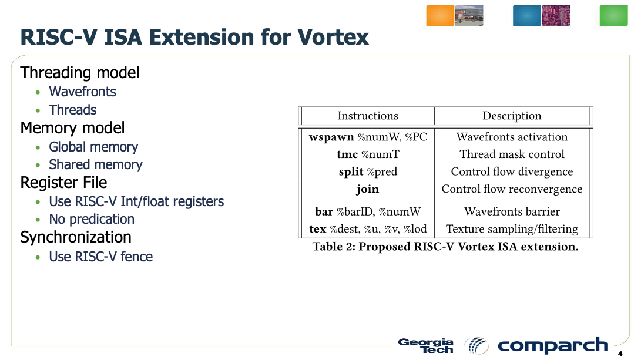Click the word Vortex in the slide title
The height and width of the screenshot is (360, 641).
point(333,37)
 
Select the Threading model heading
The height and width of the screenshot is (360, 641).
point(80,73)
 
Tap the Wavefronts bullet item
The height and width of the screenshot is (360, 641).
point(82,92)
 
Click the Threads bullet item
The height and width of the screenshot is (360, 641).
point(72,110)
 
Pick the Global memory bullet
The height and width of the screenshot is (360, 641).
point(93,147)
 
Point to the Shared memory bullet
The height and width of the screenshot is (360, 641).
point(95,164)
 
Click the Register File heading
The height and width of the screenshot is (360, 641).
point(63,183)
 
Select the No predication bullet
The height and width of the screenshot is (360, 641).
point(92,219)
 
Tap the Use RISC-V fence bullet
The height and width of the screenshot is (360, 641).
point(100,257)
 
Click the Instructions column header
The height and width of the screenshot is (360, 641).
point(368,116)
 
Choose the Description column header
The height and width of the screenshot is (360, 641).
point(512,116)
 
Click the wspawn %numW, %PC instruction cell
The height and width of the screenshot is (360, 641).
point(368,137)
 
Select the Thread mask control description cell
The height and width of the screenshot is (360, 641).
point(512,154)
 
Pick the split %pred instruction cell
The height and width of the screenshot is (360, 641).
point(368,171)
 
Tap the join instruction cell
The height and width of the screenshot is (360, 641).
point(368,189)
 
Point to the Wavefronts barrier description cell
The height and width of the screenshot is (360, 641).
point(512,211)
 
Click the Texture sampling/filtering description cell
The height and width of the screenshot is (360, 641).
point(512,229)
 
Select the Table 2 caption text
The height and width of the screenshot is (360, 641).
point(445,247)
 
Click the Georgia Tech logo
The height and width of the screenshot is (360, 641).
point(426,345)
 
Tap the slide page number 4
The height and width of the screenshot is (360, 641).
point(620,354)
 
